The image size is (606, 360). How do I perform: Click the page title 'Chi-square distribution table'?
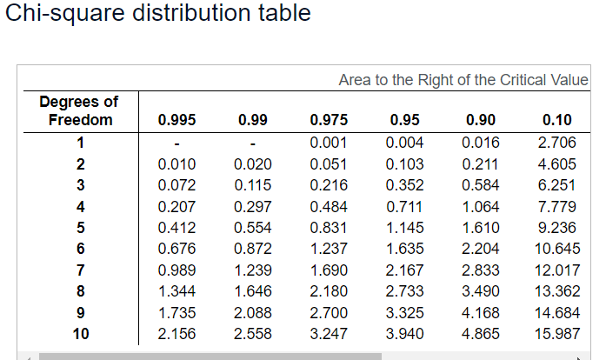coord(157,16)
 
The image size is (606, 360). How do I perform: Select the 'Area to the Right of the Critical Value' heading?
coord(463,80)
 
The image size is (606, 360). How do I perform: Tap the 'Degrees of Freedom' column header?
coord(79,111)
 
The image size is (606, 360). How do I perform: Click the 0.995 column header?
coord(176,121)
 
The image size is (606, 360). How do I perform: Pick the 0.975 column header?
coord(329,121)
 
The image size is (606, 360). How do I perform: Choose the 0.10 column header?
coord(557,121)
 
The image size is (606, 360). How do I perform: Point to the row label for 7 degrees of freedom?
coord(80,270)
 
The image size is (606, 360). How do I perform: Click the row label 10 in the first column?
coord(80,333)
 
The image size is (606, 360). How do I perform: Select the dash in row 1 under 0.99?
coord(253,143)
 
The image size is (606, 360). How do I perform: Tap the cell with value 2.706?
coord(557,143)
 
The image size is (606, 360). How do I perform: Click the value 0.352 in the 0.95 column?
coord(405,185)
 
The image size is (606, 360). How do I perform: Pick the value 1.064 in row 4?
coord(482,206)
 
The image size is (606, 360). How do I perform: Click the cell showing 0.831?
coord(329,228)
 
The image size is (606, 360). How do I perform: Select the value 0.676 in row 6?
coord(176,249)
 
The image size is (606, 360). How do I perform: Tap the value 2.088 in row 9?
coord(253,312)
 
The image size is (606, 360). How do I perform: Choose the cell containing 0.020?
coord(253,164)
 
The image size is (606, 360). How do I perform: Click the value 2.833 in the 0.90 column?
coord(482,270)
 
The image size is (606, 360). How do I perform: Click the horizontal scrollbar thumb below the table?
coord(209,356)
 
